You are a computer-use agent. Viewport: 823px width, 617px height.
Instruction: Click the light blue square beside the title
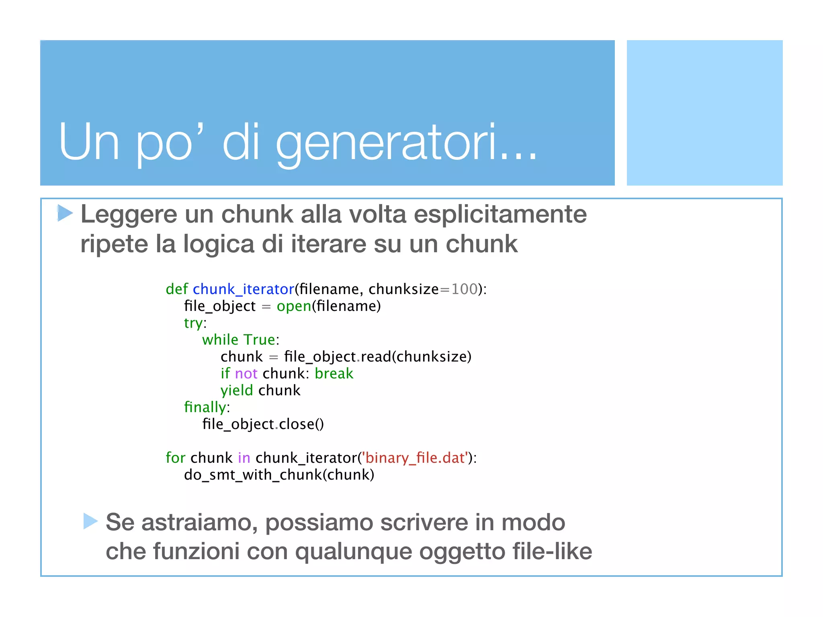coord(704,113)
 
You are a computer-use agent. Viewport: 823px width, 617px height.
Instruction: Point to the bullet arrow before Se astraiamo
coord(90,521)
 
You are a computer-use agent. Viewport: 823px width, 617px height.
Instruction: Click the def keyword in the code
coord(177,289)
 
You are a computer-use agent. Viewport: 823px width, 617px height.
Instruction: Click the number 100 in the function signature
coord(464,289)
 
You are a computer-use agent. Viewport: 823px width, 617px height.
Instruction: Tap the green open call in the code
coord(294,306)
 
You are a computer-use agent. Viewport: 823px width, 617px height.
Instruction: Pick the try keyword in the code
coord(193,323)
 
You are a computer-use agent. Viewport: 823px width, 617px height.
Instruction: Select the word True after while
coord(259,340)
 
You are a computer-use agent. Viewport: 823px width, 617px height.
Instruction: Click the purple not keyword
coord(246,374)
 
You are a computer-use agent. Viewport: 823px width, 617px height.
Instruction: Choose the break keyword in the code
coord(334,374)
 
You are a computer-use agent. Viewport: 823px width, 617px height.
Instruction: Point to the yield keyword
coord(237,390)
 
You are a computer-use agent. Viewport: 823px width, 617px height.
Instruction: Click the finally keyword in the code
coord(205,407)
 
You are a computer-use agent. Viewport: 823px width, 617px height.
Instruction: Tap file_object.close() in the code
coord(263,424)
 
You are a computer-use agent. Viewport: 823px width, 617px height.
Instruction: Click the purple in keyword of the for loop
coord(244,458)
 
